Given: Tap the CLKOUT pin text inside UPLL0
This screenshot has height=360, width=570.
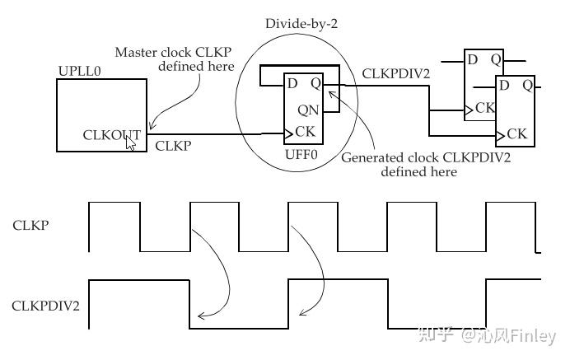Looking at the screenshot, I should click(111, 133).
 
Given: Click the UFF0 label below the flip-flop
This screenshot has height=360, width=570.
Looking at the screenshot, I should click(301, 153).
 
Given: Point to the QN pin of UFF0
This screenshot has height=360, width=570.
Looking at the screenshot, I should click(307, 110).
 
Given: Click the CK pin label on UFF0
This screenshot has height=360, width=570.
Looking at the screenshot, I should click(305, 131).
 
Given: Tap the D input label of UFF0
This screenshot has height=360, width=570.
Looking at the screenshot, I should click(291, 82).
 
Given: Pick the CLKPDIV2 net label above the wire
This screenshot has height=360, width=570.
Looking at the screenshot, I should click(396, 73).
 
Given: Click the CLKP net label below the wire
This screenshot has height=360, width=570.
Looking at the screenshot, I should click(173, 146).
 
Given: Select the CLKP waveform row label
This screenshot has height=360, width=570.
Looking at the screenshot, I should click(30, 224).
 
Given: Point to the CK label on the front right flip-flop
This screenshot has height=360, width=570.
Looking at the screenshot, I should click(516, 133).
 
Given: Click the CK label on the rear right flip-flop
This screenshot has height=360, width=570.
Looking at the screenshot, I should click(485, 108).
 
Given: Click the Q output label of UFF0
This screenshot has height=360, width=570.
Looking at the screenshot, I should click(315, 82).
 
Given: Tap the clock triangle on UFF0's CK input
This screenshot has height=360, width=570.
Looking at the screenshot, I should click(287, 132).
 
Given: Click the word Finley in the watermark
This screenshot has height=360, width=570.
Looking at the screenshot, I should click(534, 336).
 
